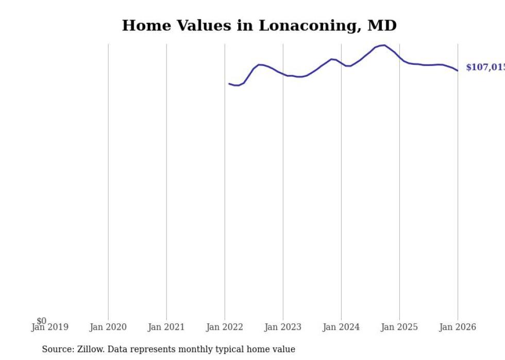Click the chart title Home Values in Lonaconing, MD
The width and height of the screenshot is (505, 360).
coord(259,26)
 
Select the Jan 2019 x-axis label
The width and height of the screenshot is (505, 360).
coord(49,327)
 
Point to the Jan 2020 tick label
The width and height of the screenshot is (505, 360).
coord(108,327)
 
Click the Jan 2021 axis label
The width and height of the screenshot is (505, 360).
coord(166,327)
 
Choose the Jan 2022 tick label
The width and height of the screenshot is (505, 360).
coord(225,327)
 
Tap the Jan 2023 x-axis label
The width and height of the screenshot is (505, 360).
coord(283,327)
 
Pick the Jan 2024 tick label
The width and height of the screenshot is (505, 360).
coord(341,327)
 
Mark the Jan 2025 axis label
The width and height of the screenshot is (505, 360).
coord(399,327)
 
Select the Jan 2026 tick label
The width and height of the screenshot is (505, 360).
coord(458,327)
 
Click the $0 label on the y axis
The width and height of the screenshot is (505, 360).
coord(41,321)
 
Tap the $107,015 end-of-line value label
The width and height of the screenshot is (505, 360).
coord(485,67)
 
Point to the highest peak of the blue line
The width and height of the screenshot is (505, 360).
coord(384,45)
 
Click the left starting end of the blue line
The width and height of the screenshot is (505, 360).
coord(229,83)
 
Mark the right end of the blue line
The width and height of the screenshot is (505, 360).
coord(458,71)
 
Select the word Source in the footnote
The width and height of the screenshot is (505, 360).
coord(58,349)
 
